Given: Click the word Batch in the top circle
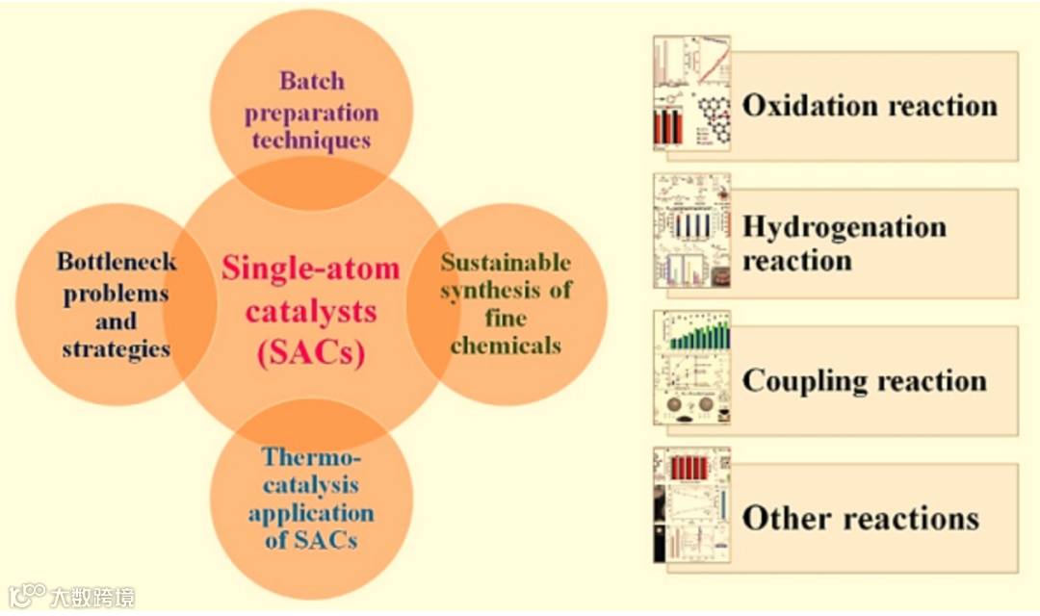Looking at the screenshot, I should pos(311,81).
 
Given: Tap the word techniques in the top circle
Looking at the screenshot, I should pos(311,141).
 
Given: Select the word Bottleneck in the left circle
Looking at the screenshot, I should pos(117,262).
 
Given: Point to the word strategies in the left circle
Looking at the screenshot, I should pos(117,348).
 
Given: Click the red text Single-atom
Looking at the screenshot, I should pos(310,269).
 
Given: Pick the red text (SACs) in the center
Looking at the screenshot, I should pos(310,353).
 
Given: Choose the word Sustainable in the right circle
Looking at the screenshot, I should pos(506,263).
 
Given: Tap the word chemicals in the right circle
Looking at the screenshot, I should pos(506,345).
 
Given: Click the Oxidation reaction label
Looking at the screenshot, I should pos(870,105).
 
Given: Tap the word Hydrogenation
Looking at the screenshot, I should pos(844,228).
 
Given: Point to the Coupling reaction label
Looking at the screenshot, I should pos(864,380).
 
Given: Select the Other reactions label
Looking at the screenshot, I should pos(860,518).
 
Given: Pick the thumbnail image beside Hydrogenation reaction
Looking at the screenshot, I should pos(691,230).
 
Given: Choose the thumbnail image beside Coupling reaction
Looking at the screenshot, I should pos(691,368).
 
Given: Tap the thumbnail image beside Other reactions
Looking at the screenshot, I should pos(691,505).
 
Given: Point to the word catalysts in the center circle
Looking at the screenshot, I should pos(310,312).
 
